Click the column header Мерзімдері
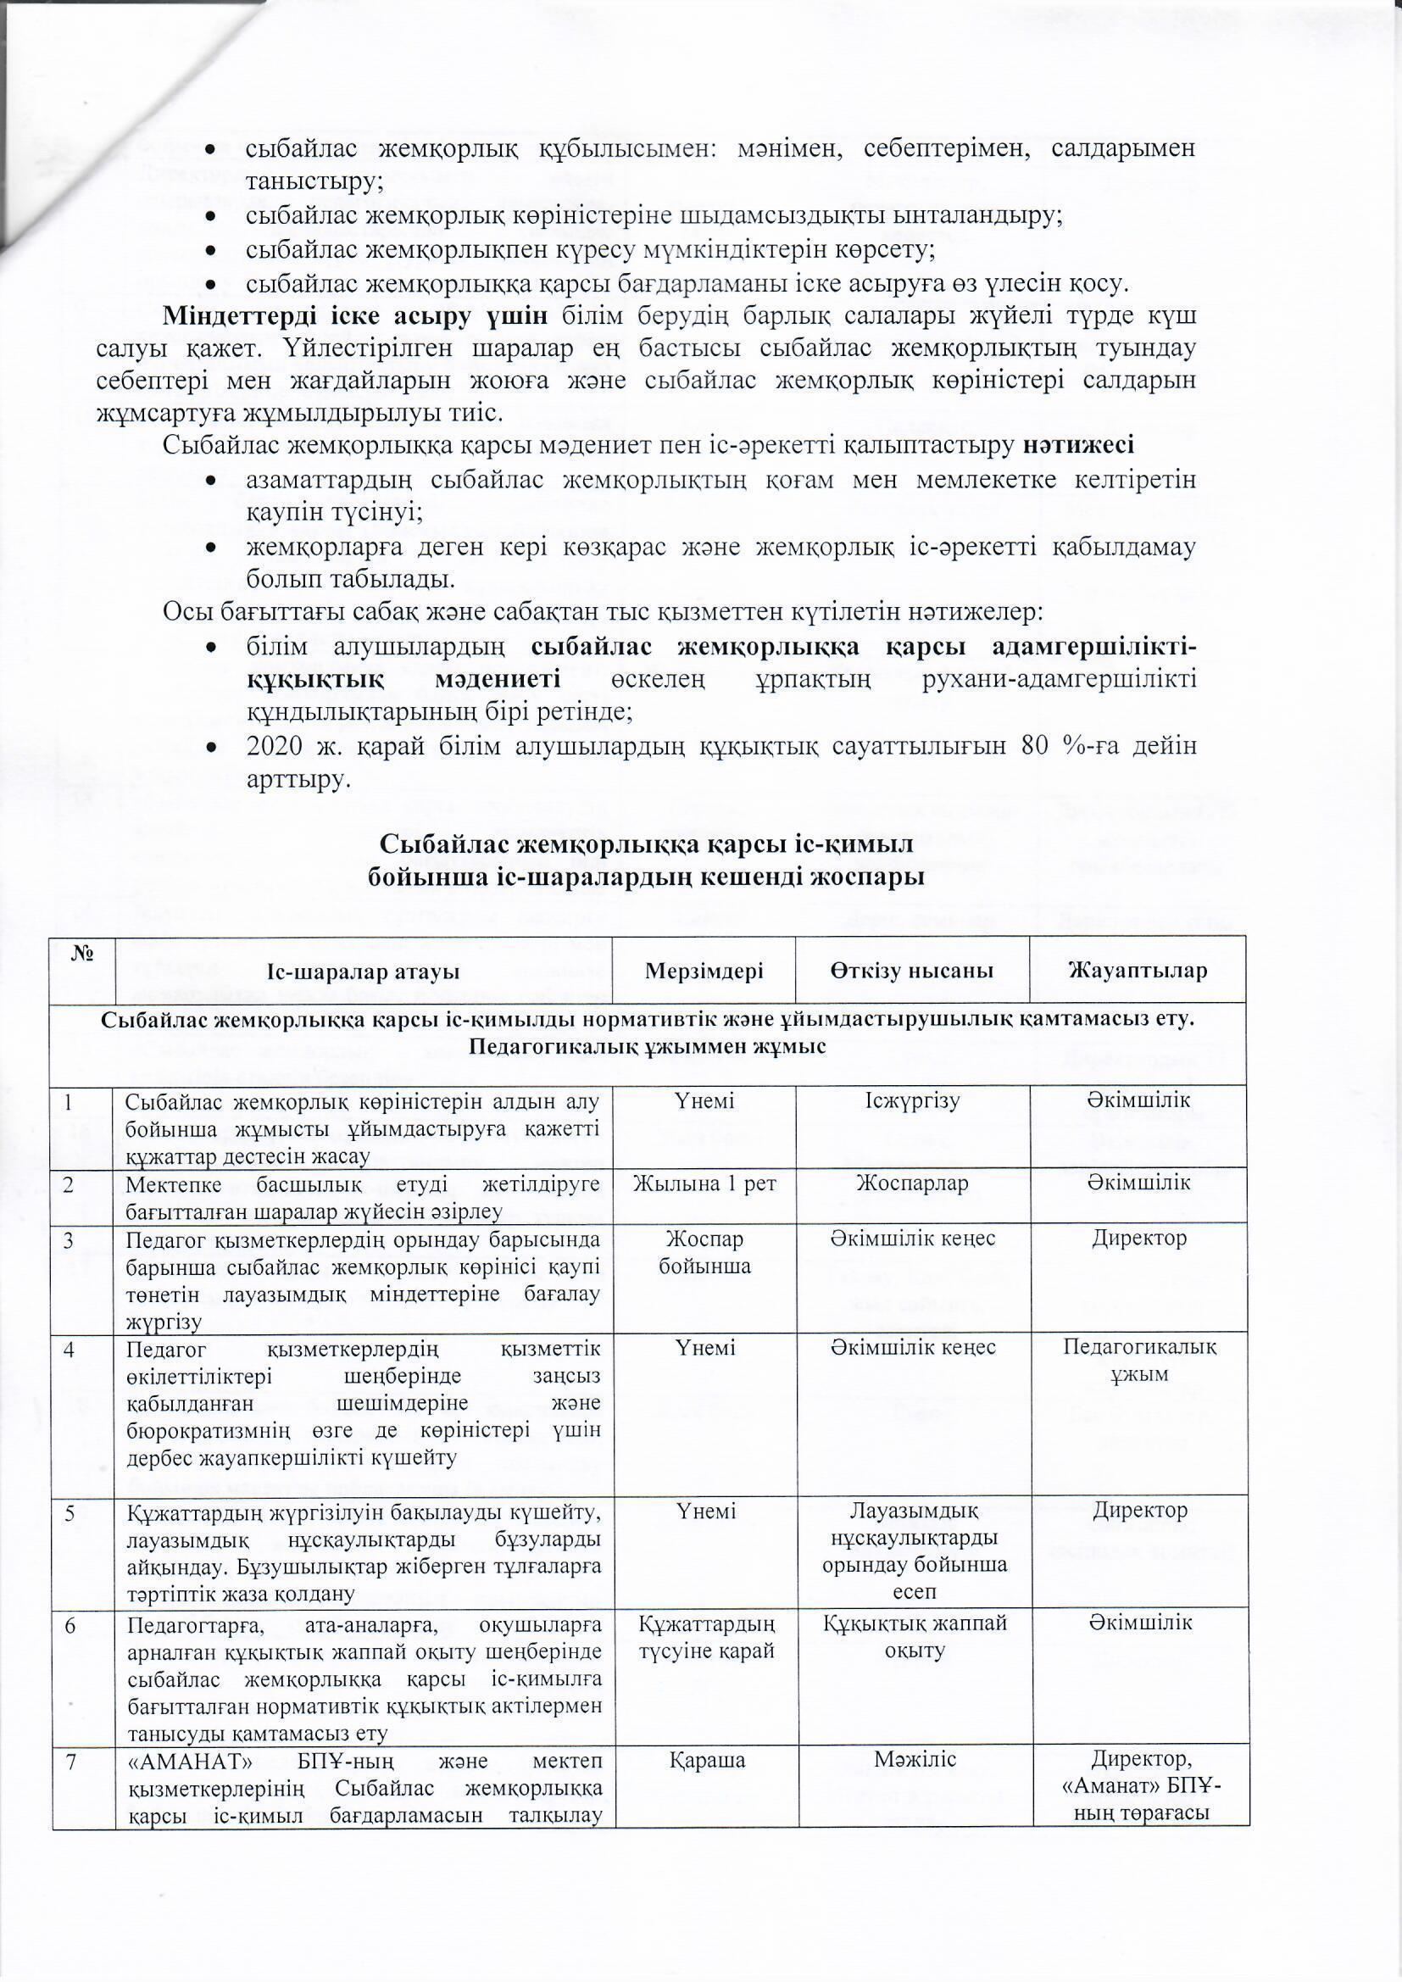point(704,972)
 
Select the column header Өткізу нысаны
point(913,972)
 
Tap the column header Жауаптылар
point(1138,972)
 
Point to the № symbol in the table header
point(83,955)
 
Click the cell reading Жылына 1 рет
point(704,1183)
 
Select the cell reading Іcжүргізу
point(913,1100)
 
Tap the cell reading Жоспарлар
point(913,1183)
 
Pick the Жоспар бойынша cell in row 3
point(704,1252)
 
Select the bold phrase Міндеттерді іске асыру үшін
point(354,317)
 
